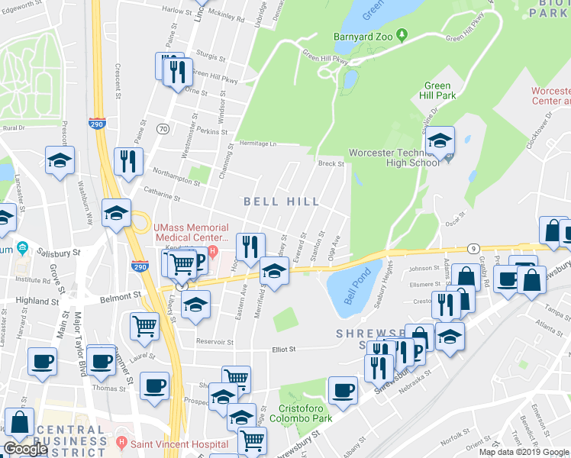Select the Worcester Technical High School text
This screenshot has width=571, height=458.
click(394, 157)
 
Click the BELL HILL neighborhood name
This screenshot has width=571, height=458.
click(280, 202)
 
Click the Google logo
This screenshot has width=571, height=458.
click(25, 449)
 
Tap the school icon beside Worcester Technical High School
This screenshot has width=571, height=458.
click(440, 141)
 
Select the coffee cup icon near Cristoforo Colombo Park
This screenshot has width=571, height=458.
click(343, 390)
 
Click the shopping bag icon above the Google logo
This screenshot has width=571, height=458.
click(20, 421)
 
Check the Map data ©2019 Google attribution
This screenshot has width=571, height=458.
click(524, 452)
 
